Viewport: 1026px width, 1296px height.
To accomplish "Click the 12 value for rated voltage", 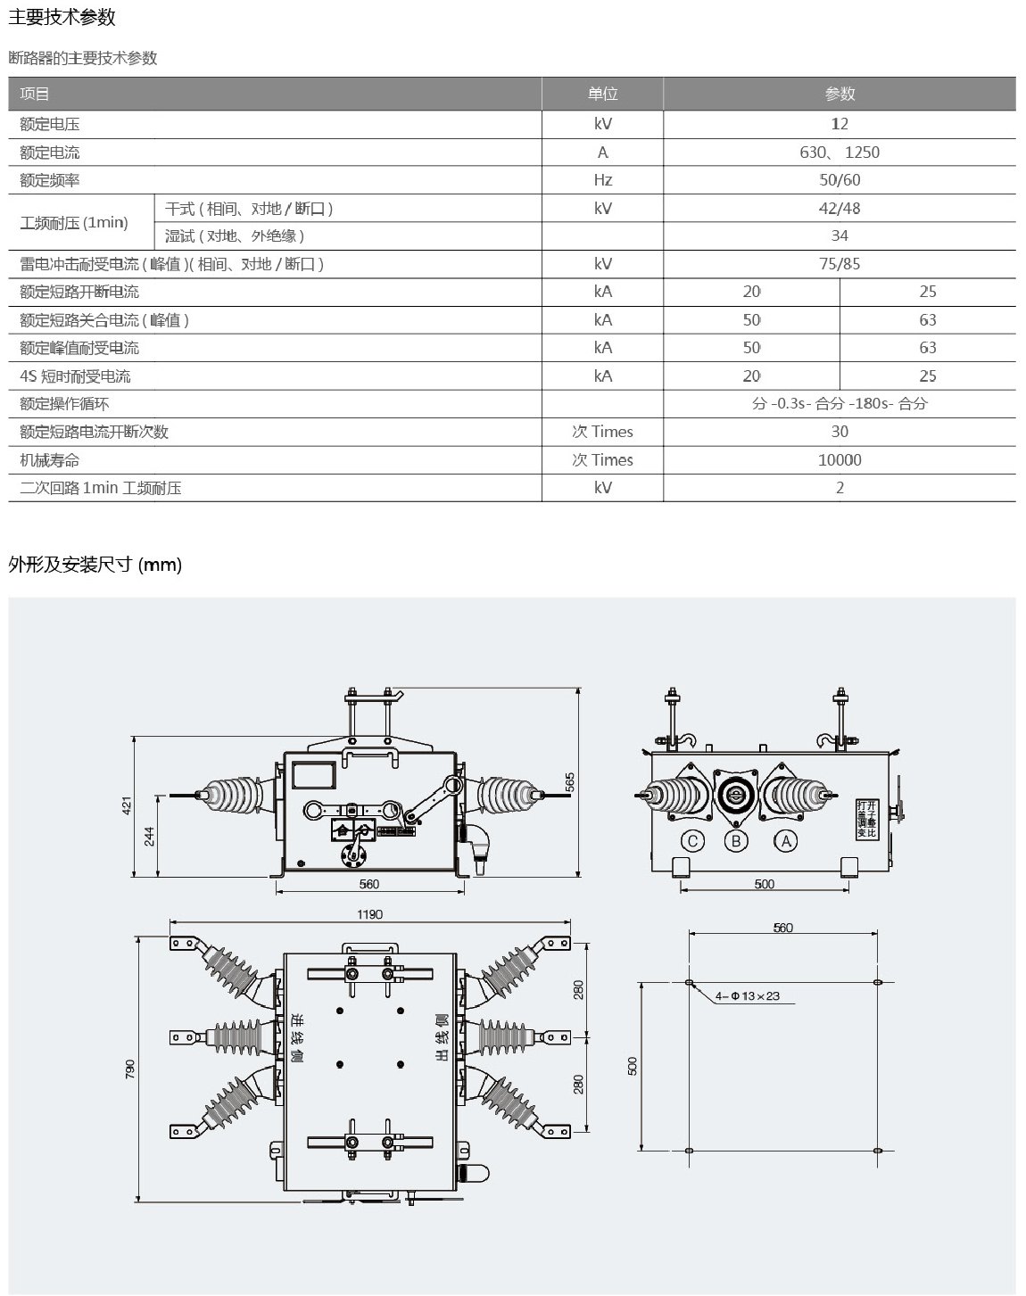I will coord(839,124).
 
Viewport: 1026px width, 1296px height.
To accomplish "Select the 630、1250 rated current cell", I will coord(839,153).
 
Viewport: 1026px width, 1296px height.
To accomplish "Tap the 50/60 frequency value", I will coord(839,180).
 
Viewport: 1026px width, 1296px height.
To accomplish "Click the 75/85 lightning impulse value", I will coord(839,264).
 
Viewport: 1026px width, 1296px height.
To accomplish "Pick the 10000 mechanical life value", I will coord(839,460).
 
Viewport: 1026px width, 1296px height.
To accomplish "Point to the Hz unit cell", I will coord(602,180).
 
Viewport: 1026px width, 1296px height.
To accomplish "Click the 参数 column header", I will coord(839,94).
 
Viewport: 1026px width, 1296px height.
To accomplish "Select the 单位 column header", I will coord(602,94).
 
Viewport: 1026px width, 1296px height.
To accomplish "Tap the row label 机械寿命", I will coord(50,460).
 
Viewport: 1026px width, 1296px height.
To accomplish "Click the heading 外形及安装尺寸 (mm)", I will coord(95,565).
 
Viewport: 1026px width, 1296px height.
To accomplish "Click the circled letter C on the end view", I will coord(692,840).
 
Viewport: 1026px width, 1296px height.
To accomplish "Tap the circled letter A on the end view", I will coord(785,840).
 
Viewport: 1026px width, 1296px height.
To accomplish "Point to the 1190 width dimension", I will coord(369,914).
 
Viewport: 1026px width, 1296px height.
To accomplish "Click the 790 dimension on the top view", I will coord(130,1068).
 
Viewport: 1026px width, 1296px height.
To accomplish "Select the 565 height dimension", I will coord(570,781).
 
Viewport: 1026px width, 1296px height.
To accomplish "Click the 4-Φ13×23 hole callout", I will coord(747,995).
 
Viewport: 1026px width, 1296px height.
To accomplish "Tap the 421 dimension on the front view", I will coord(127,805).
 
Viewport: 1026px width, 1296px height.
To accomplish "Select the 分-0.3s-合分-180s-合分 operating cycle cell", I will coord(839,404).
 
